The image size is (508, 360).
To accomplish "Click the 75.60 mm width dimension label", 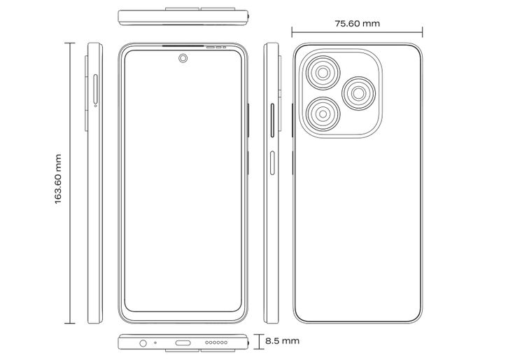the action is point(357,24).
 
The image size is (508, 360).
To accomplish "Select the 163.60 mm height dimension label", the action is point(58,179).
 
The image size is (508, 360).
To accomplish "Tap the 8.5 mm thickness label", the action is point(282,341).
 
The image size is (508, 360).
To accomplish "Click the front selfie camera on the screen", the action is point(183,58).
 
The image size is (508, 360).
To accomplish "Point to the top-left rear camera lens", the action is point(323,73).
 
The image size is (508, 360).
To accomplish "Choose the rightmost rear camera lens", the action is point(359,93).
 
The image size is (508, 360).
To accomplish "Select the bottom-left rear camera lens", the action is point(323,114).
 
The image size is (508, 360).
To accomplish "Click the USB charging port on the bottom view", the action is point(183,342).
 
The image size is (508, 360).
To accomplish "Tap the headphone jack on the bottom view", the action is point(143,342).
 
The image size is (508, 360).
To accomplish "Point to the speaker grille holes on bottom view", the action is point(216,342).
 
